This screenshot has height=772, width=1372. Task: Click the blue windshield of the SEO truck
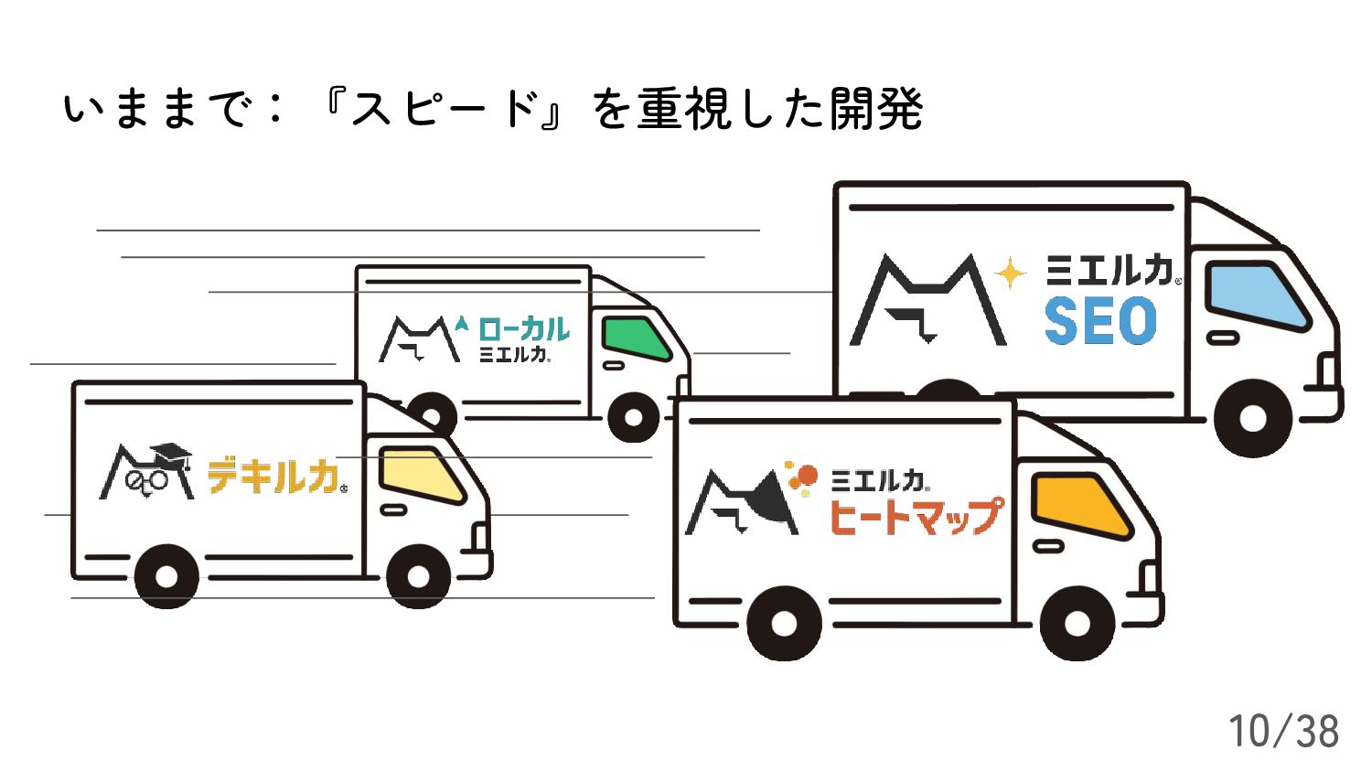click(x=1255, y=295)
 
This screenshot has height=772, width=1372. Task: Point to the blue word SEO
click(x=1100, y=321)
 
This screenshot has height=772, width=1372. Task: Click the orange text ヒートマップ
click(x=916, y=515)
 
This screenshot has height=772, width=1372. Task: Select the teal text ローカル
click(x=523, y=329)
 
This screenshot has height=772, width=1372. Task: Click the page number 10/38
click(x=1282, y=731)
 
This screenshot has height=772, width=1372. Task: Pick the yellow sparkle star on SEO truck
click(x=1010, y=273)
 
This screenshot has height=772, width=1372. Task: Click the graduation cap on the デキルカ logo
click(x=171, y=454)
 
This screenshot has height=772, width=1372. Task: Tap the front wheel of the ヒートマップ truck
click(x=1077, y=624)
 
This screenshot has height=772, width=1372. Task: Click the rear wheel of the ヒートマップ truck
click(x=784, y=624)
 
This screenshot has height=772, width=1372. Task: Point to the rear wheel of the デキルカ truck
click(x=166, y=576)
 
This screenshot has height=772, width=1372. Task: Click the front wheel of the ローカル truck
click(x=633, y=418)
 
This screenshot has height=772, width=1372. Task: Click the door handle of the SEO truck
click(x=1223, y=338)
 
